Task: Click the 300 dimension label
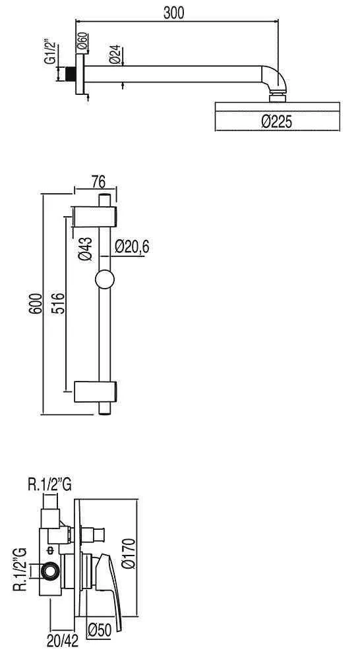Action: point(173,13)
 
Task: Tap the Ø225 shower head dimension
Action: point(277,122)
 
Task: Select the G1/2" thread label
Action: point(50,55)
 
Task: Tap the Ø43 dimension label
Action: point(85,249)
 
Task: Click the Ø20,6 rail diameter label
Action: point(132,246)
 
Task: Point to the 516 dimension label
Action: point(59,303)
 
